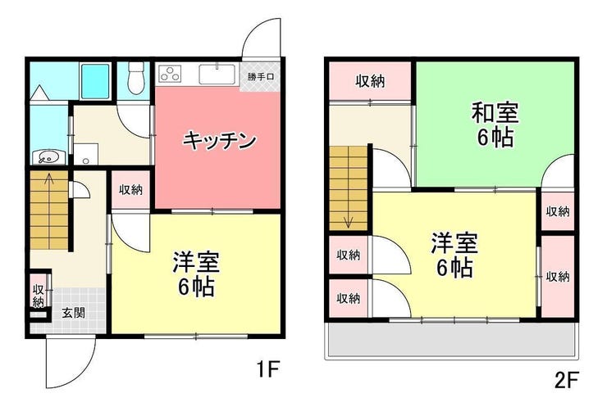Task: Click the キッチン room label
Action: click(219, 140)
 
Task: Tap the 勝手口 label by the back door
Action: click(262, 77)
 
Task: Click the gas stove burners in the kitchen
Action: click(171, 75)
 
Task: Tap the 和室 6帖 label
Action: click(493, 124)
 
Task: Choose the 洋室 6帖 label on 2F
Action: click(453, 255)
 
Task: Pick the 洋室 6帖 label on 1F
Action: click(194, 274)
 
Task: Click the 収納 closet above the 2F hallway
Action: click(370, 80)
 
